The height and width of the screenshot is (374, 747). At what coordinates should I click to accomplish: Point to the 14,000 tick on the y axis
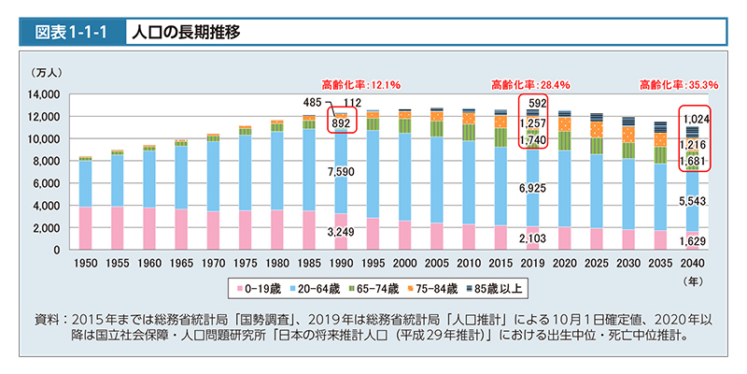click(x=43, y=94)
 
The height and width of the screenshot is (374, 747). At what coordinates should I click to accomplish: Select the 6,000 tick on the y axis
click(x=46, y=183)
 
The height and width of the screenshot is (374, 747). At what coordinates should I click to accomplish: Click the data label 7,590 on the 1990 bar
click(x=341, y=173)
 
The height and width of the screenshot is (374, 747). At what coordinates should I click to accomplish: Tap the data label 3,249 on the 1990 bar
click(x=341, y=231)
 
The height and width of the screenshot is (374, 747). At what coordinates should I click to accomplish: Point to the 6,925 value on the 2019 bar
click(x=532, y=190)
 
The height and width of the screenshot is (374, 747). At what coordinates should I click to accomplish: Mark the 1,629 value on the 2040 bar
click(x=693, y=242)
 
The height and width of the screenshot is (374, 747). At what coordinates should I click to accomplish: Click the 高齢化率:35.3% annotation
click(x=679, y=84)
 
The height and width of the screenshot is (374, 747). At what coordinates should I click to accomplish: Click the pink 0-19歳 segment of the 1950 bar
click(x=85, y=228)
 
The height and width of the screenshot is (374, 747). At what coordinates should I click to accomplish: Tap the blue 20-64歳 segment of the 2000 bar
click(x=404, y=178)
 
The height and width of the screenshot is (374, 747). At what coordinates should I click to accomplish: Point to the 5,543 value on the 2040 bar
click(x=693, y=202)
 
